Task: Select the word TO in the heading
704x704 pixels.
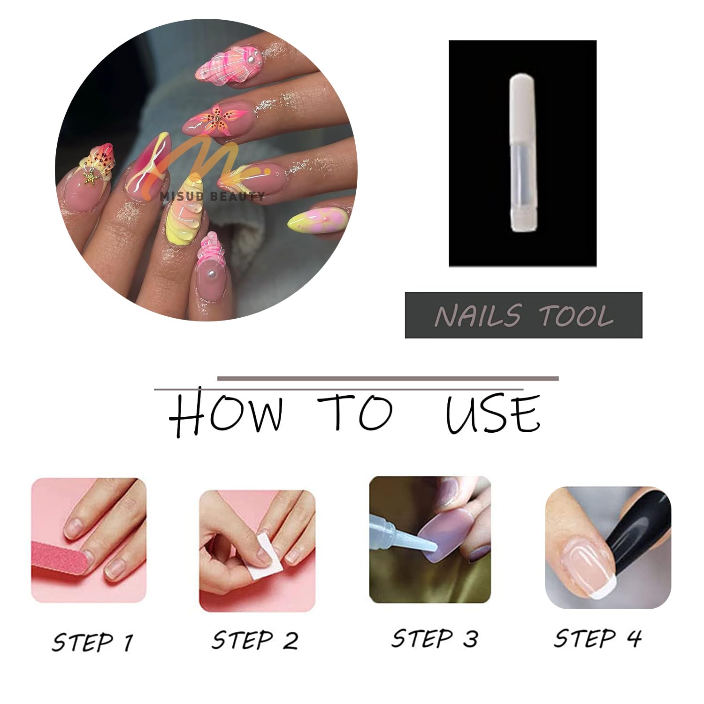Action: coord(354,413)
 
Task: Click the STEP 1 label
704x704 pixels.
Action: coord(92,642)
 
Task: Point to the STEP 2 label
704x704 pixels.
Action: coord(255,640)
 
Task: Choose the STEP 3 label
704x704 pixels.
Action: coord(435,638)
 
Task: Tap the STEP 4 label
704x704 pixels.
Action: coord(597,638)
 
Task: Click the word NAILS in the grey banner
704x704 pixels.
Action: coord(478,315)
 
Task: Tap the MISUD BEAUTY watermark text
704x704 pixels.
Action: coord(212,196)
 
